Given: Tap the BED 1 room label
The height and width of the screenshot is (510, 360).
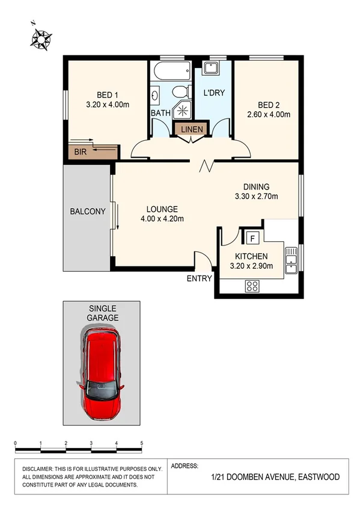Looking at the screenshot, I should (108, 94).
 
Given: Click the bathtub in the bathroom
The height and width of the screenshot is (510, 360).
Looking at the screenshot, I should (171, 72).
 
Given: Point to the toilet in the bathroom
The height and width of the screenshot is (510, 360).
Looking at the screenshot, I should (178, 92).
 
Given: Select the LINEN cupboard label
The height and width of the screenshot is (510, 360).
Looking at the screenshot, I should (191, 129).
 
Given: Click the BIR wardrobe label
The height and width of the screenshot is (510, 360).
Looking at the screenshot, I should (81, 152).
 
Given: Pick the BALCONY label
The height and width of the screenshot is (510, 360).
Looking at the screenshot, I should (88, 211).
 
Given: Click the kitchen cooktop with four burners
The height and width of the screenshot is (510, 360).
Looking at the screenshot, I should (252, 287).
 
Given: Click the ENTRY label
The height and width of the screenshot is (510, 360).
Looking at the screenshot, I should (200, 278).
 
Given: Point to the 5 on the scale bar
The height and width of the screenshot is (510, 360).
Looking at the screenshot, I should (141, 443).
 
